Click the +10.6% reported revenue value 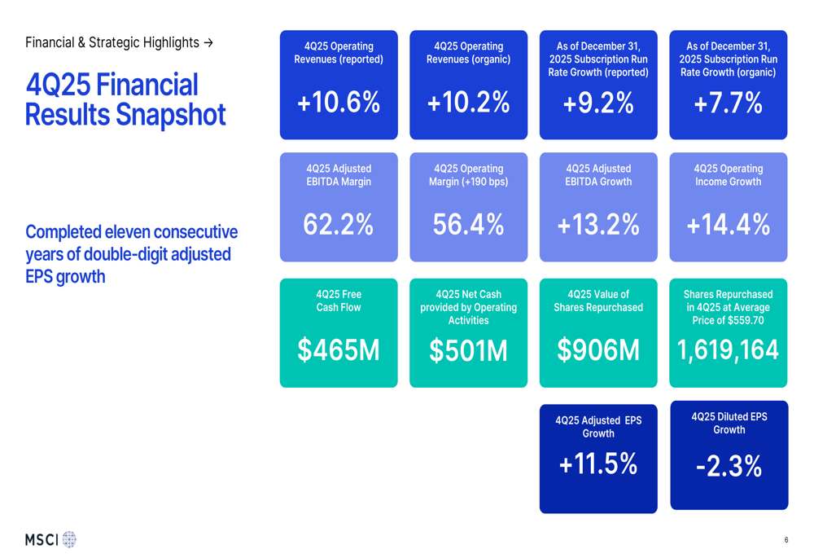tap(339, 103)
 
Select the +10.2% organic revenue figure tap(468, 103)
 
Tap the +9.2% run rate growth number tap(598, 103)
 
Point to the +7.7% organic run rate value tap(729, 103)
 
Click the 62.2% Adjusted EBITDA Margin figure tap(339, 225)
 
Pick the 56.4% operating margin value tap(468, 225)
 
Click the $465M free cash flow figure tap(339, 349)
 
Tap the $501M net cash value tap(468, 351)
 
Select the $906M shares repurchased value tap(598, 350)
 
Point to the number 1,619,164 tap(729, 350)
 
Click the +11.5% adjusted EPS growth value tap(598, 464)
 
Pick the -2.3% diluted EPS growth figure tap(729, 467)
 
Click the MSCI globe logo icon tap(69, 539)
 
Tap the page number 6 tap(786, 540)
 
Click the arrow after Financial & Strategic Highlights tap(208, 42)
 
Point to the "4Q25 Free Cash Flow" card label tap(339, 301)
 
